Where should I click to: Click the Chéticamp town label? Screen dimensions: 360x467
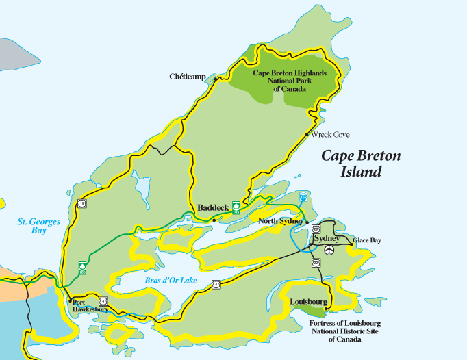tap(188, 77)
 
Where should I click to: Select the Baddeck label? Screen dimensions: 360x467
tap(212, 207)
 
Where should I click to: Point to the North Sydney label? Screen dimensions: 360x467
tap(280, 221)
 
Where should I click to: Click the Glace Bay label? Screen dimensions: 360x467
tap(367, 240)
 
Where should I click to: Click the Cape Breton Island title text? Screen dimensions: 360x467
tap(361, 164)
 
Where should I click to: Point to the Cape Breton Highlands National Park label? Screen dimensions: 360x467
tap(289, 80)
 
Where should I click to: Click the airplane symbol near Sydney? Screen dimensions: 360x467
tap(330, 250)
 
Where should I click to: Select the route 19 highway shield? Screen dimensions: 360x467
tap(82, 203)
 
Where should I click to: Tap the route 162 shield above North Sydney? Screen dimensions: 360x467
tap(303, 196)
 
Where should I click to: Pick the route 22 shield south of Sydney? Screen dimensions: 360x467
tap(316, 262)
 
